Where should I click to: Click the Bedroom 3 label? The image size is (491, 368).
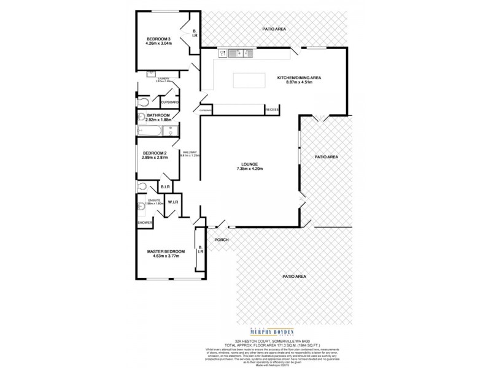tap(158, 38)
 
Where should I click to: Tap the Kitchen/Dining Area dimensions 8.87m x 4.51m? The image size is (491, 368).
tap(299, 82)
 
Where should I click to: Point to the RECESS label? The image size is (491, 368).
tap(272, 109)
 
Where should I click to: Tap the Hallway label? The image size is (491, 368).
tap(188, 151)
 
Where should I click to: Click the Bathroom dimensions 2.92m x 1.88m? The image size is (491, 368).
tap(154, 120)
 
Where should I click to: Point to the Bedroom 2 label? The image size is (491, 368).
tap(155, 153)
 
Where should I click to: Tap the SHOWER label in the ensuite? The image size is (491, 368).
tap(144, 223)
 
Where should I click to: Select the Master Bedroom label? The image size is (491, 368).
tap(166, 251)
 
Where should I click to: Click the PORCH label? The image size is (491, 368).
tap(221, 240)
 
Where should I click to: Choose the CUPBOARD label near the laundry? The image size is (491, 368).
tap(170, 102)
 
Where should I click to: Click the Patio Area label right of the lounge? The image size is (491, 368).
tap(326, 157)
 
